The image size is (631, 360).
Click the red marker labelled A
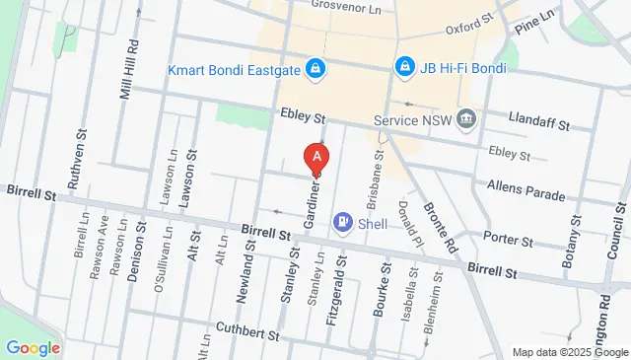click(x=315, y=157)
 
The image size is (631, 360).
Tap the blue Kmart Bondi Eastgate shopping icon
click(x=315, y=68)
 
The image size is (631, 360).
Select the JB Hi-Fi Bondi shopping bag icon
click(x=403, y=66)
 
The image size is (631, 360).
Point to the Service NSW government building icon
click(x=466, y=120)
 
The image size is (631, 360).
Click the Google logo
click(x=33, y=348)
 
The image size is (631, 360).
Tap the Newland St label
click(x=250, y=274)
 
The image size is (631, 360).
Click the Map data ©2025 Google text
click(x=569, y=352)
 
